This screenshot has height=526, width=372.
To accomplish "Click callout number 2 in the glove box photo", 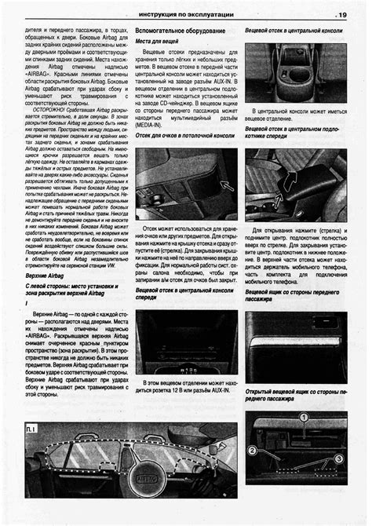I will click(252, 450).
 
